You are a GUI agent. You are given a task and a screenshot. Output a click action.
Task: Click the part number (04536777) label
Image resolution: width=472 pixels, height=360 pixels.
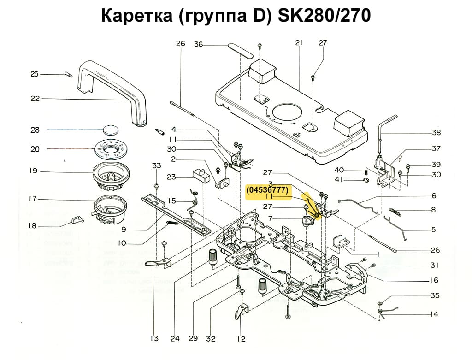click(267, 189)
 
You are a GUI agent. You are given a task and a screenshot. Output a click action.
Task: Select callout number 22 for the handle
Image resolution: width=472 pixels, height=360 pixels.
click(35, 98)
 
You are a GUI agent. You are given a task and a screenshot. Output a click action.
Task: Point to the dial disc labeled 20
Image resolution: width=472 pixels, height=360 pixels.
click(111, 149)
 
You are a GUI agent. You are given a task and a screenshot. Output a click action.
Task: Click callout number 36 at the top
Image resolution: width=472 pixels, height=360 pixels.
click(198, 44)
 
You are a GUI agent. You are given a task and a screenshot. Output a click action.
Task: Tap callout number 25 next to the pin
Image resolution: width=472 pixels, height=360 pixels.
click(34, 74)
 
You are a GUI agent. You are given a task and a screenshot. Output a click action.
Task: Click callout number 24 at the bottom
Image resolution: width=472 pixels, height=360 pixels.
click(175, 339)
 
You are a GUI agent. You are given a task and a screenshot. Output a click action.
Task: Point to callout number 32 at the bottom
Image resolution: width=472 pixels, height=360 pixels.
click(211, 339)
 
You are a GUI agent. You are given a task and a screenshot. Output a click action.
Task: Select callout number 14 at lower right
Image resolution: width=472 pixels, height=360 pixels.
click(434, 314)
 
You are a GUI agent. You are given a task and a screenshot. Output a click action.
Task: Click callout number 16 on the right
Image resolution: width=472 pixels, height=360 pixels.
click(434, 280)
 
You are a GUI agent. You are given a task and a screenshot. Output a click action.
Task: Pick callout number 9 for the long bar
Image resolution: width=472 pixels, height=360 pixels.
click(124, 229)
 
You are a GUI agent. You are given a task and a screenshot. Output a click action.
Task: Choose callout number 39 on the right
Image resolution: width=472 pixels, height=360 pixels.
click(436, 165)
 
